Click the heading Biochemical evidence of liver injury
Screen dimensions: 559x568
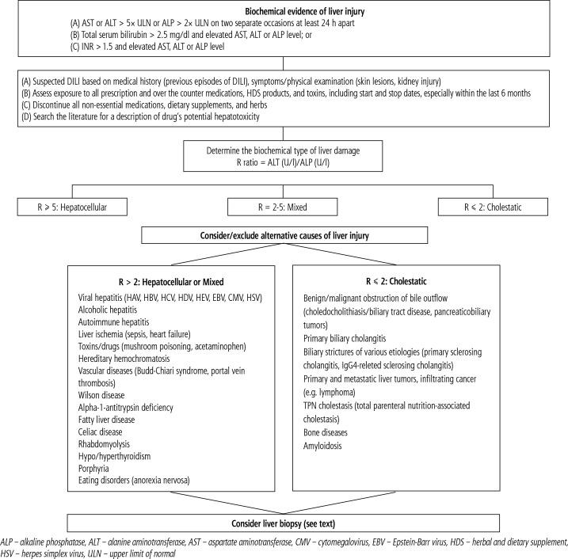(x=284, y=10)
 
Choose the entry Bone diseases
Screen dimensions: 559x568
(x=328, y=434)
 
